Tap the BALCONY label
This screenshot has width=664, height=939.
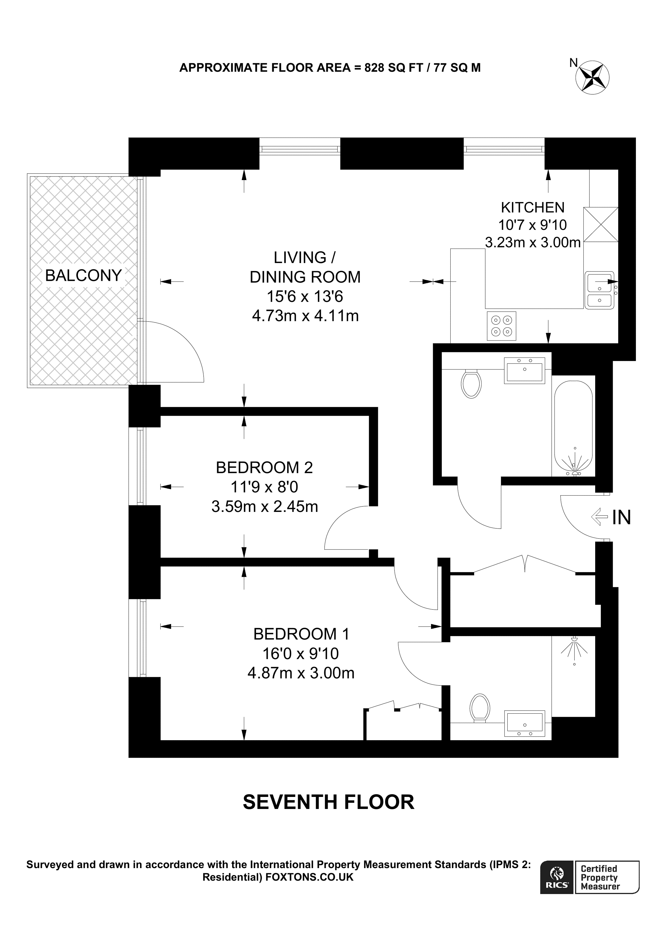tap(84, 276)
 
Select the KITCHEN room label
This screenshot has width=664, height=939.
tap(532, 208)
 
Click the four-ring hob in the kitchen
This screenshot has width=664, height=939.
tap(501, 326)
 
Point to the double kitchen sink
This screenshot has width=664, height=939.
tap(599, 290)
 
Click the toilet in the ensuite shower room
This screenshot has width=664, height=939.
tap(480, 708)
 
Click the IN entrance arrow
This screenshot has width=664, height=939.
tap(599, 517)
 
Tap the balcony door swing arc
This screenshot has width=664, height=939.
tap(180, 347)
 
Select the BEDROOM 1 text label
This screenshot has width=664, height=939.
tap(301, 634)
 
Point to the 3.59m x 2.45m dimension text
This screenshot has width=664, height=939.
tap(264, 507)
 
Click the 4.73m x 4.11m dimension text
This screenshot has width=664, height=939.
tap(305, 316)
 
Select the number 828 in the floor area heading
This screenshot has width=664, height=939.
tap(374, 68)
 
